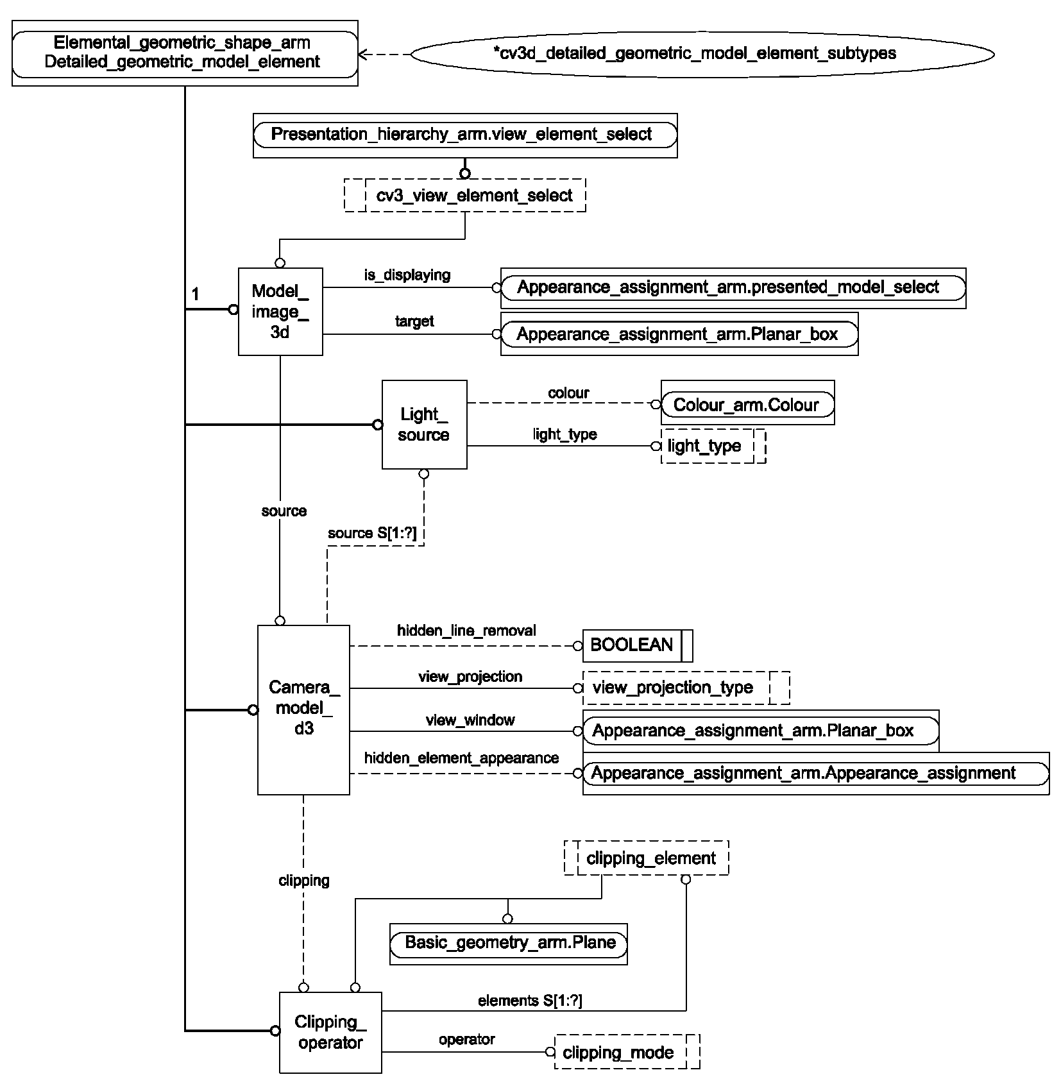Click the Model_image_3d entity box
coord(280,312)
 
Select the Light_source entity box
coord(424,425)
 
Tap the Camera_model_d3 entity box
coord(303,709)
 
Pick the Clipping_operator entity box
coord(330,1032)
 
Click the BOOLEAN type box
coord(638,645)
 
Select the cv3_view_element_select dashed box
coord(465,195)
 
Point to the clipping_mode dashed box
coord(627,1053)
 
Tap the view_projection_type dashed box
coord(686,688)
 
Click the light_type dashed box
coord(713,446)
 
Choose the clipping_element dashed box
coord(646,858)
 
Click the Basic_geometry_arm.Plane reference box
coord(509,944)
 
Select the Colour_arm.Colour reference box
coord(747,405)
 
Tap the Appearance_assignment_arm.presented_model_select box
coord(733,288)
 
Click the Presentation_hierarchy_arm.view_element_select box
coord(465,135)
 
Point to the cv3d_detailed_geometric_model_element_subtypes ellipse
coord(702,54)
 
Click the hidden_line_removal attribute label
coord(466,631)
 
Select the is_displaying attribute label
coord(407,275)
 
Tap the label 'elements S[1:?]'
coord(530,1000)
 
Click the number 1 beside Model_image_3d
coord(196,294)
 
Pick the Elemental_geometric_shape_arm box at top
coord(185,53)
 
